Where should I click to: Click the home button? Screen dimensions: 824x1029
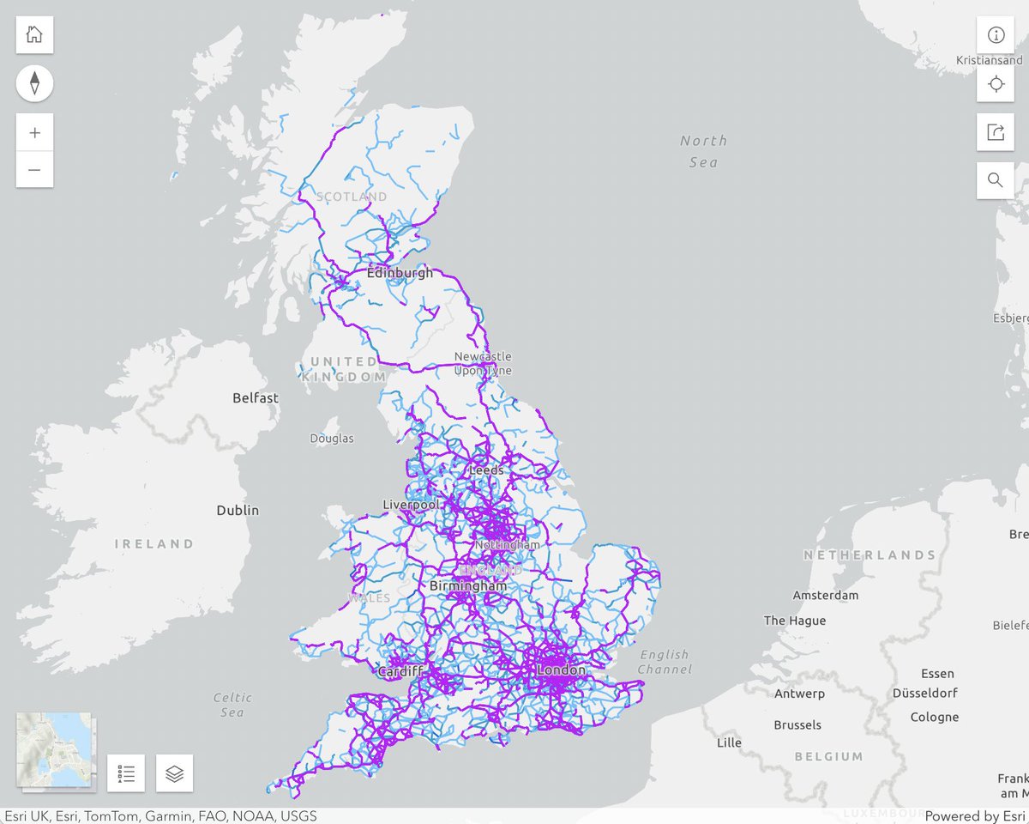point(34,35)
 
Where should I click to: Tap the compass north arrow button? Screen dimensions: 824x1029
point(34,83)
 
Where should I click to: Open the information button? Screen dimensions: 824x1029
point(996,35)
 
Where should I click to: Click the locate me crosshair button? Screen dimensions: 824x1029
point(996,84)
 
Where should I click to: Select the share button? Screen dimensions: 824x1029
point(996,132)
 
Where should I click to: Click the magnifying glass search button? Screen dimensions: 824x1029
point(996,180)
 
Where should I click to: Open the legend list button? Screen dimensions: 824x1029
point(126,773)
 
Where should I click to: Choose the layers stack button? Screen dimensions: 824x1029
point(175,773)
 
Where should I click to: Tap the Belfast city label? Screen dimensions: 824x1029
point(256,398)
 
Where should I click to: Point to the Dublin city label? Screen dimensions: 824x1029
point(238,510)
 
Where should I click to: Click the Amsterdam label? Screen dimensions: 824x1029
point(825,595)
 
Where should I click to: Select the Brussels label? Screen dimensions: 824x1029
point(797,725)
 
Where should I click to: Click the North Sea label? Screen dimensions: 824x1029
point(703,151)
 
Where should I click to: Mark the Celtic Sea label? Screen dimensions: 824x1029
point(232,705)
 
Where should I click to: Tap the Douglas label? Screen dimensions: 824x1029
point(332,439)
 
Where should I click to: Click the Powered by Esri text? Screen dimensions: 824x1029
point(974,816)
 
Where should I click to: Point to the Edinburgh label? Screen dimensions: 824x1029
point(400,273)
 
